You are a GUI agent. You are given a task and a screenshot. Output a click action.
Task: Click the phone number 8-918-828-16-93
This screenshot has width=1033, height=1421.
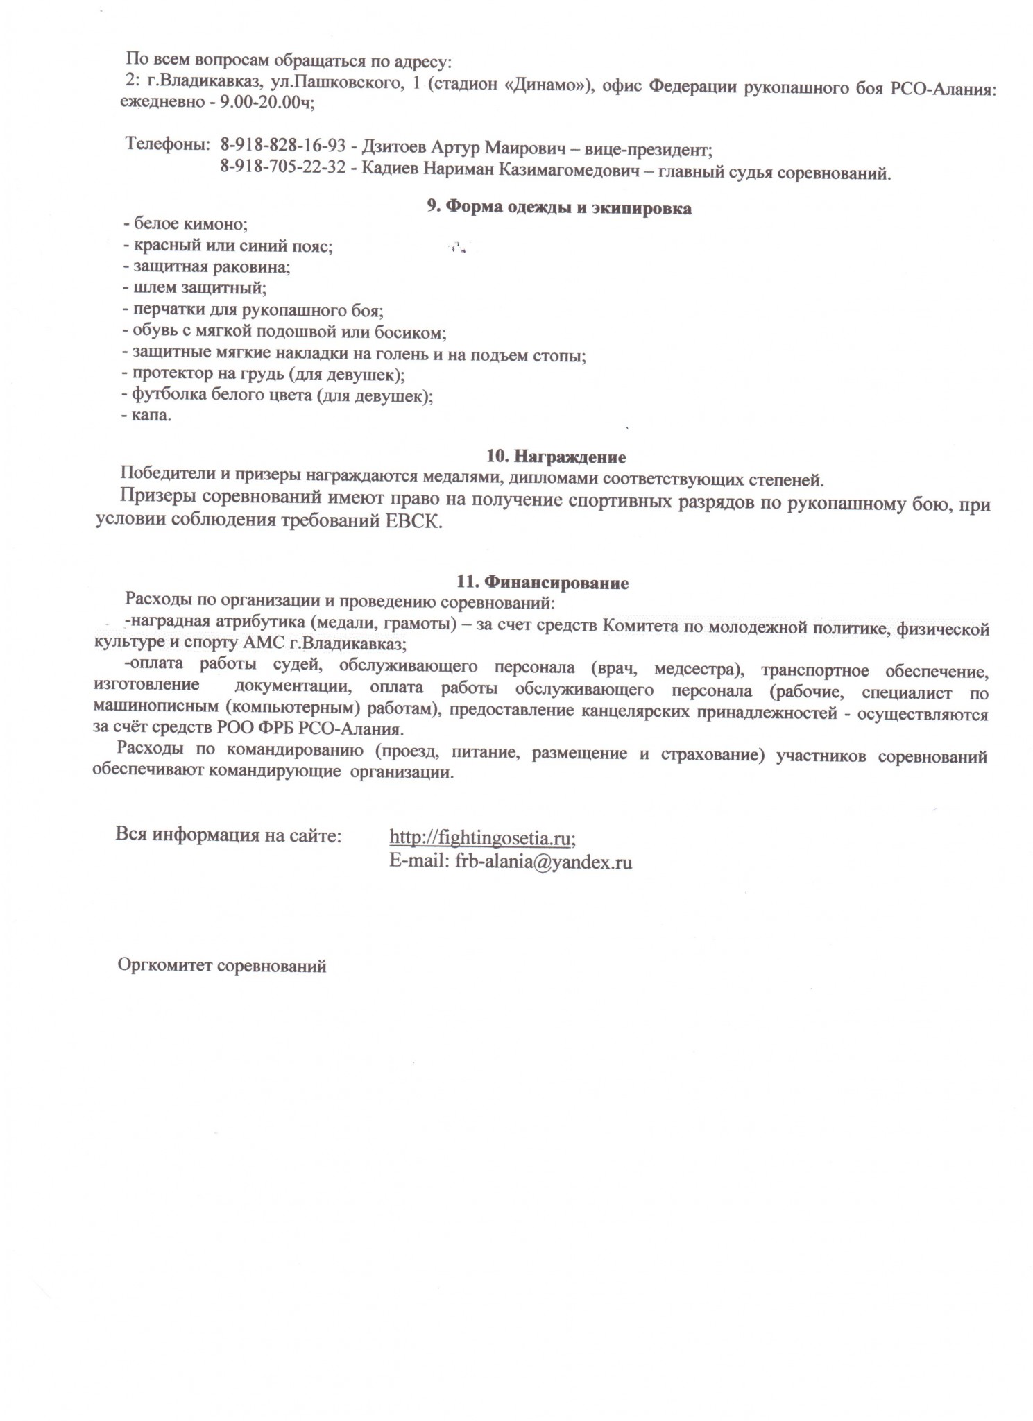point(282,146)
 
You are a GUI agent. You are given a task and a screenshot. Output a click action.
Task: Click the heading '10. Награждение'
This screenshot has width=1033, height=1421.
point(556,457)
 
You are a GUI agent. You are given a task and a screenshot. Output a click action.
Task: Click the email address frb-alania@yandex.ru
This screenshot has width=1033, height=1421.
point(543,862)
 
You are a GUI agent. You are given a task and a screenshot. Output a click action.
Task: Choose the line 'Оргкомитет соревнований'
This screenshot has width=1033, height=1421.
point(222,965)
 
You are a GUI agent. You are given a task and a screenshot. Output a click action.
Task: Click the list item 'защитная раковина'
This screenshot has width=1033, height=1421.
point(207,266)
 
